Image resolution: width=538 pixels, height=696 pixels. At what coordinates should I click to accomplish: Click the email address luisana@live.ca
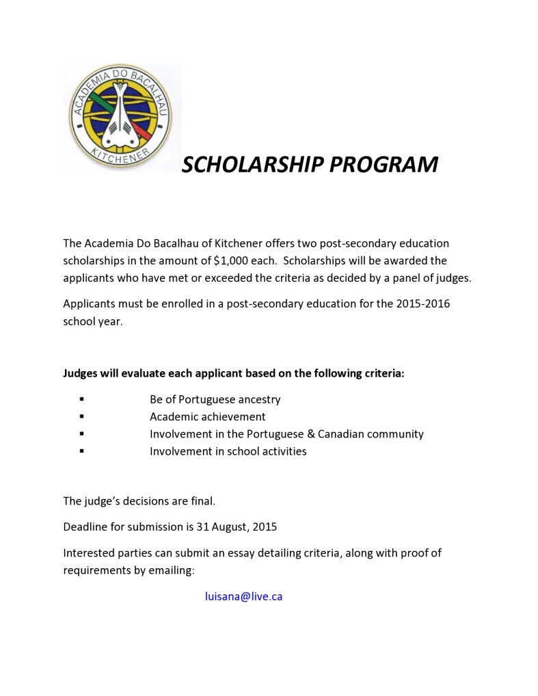coord(243,596)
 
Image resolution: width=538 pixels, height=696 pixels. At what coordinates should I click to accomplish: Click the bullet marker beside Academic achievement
coord(82,416)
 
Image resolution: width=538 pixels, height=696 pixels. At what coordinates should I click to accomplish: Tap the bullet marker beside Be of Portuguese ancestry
coord(82,399)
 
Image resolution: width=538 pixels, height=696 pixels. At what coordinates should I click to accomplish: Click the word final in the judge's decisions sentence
coord(201,501)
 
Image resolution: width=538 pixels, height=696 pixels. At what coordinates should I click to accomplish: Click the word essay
coord(265,552)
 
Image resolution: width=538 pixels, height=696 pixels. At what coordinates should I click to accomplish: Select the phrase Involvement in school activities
coord(228,451)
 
